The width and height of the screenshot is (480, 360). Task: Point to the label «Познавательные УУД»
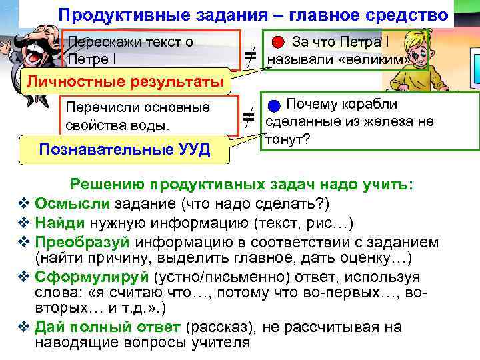[x=125, y=149]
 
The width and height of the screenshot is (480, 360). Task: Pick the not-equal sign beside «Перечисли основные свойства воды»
[x=249, y=118]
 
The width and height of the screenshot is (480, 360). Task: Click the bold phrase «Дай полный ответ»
[x=107, y=327]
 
